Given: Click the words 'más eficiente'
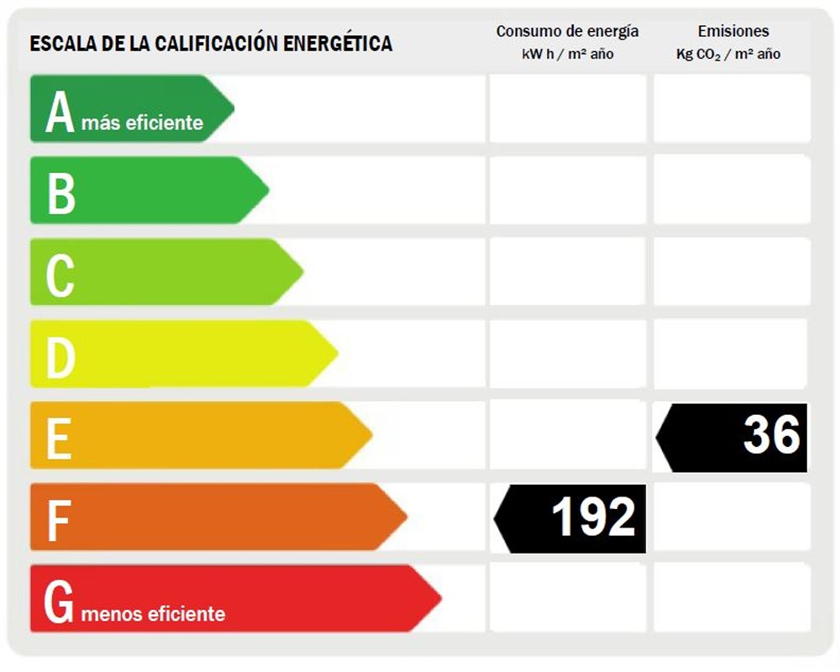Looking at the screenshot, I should click(142, 123).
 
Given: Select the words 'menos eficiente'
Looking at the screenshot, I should click(154, 614).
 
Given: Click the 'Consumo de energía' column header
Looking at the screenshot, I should click(567, 32).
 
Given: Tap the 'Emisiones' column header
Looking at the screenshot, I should click(732, 32).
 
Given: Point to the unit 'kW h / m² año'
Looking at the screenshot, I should click(567, 55).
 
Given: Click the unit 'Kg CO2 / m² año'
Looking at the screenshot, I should click(728, 55).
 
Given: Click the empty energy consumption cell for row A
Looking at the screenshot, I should click(567, 108).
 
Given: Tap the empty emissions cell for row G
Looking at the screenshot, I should click(732, 598).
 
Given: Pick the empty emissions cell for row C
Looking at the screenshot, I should click(732, 271).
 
